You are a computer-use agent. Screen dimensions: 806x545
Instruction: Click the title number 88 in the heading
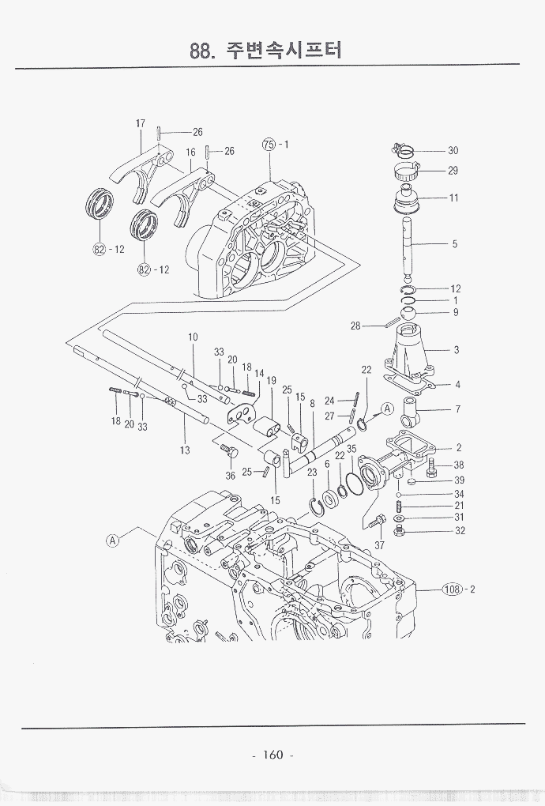pyautogui.click(x=201, y=51)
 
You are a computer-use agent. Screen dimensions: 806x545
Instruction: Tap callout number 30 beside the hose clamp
pyautogui.click(x=453, y=150)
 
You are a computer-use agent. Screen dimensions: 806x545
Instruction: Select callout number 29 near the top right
pyautogui.click(x=453, y=170)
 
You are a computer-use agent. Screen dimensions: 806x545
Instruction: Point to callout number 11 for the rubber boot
pyautogui.click(x=453, y=198)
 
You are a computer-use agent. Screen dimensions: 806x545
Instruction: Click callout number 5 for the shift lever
pyautogui.click(x=455, y=244)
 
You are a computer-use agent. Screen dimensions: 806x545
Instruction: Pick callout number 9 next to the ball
pyautogui.click(x=456, y=312)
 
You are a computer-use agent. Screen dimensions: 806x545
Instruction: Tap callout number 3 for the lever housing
pyautogui.click(x=457, y=349)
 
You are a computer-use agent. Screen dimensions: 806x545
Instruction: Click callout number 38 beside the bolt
pyautogui.click(x=458, y=465)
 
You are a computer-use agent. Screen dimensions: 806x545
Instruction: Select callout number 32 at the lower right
pyautogui.click(x=459, y=531)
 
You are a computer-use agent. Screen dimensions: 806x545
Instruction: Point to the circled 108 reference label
pyautogui.click(x=452, y=589)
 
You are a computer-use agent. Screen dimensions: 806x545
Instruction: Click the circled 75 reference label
pyautogui.click(x=269, y=145)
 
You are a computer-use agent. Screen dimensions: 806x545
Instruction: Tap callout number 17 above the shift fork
pyautogui.click(x=141, y=123)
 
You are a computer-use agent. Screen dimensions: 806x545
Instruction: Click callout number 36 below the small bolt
pyautogui.click(x=230, y=476)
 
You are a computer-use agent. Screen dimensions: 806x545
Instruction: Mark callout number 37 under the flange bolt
pyautogui.click(x=379, y=545)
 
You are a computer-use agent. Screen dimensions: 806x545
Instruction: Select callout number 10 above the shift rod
pyautogui.click(x=193, y=337)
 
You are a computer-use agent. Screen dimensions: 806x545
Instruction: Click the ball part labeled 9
pyautogui.click(x=408, y=314)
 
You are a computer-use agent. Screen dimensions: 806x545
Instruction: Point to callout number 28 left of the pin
pyautogui.click(x=355, y=326)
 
